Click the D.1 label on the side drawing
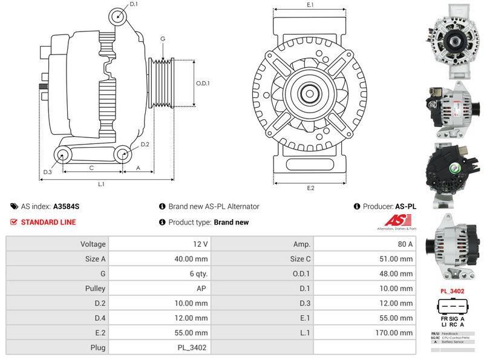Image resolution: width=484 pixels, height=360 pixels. (x=134, y=4)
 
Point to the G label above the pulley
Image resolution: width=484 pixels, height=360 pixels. (x=163, y=39)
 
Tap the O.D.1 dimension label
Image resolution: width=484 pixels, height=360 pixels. (x=203, y=83)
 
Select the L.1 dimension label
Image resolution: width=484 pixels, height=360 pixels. (x=102, y=184)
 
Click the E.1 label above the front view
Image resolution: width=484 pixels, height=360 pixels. (x=310, y=5)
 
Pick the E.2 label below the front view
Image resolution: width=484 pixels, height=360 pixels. (x=310, y=188)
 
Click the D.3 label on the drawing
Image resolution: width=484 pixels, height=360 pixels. (x=47, y=172)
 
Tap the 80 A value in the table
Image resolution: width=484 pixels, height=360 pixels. (x=405, y=244)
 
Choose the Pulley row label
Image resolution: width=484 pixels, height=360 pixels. (x=96, y=289)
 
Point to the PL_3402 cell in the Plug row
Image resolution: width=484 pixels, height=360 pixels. (x=192, y=348)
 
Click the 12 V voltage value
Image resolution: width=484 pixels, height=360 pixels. (x=201, y=244)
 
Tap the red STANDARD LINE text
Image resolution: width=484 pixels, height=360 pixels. (x=48, y=222)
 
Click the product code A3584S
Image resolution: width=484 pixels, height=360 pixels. (x=66, y=206)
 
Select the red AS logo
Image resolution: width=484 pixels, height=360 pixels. (x=396, y=221)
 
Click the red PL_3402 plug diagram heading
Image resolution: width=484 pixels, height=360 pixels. (x=452, y=291)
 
